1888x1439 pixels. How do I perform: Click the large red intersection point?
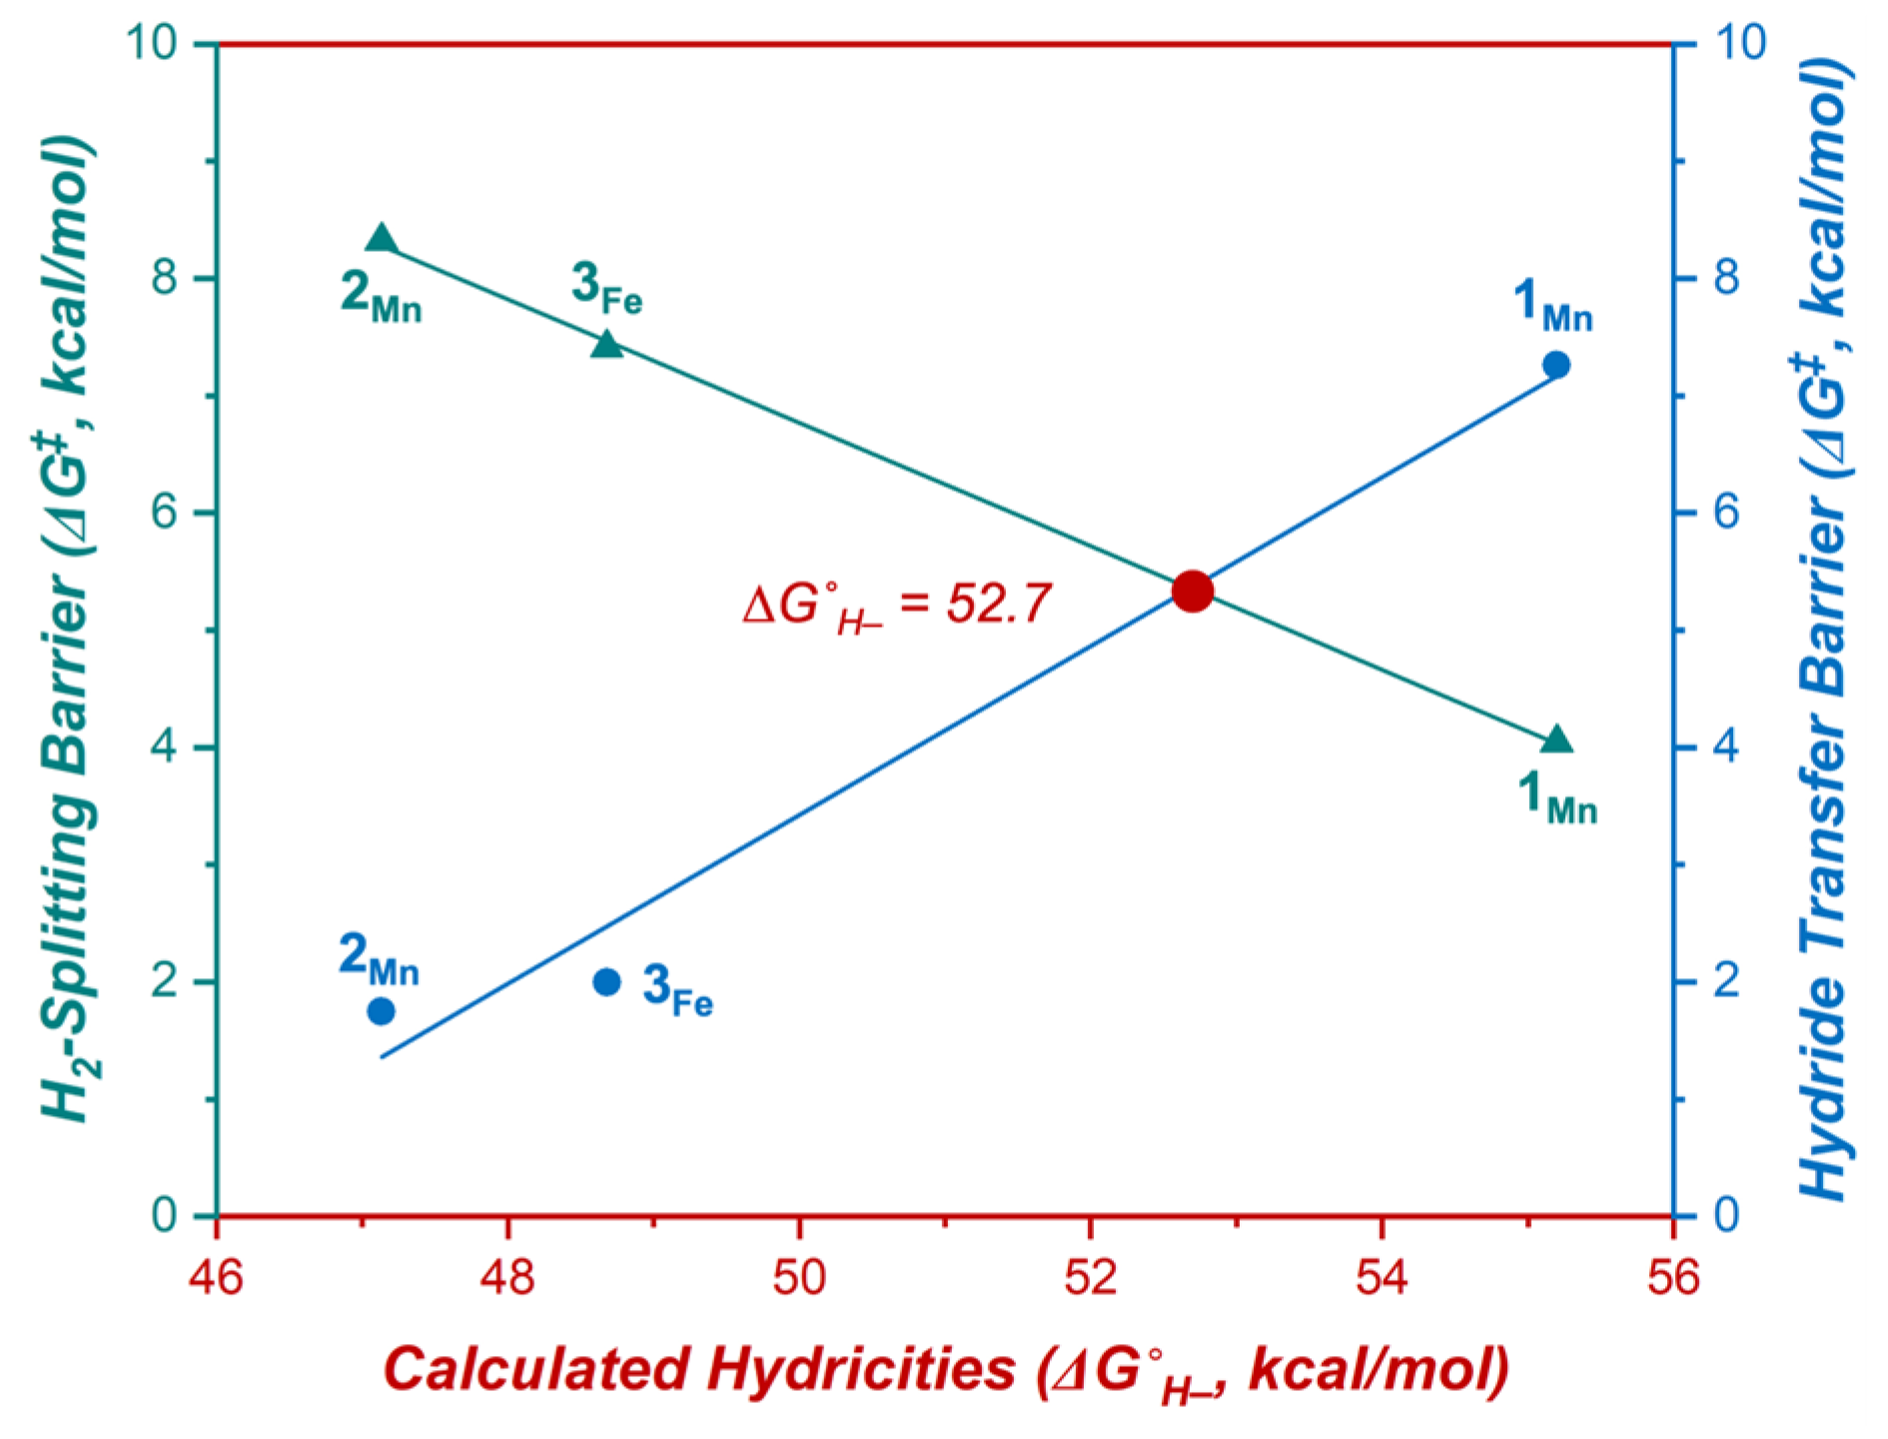click(1192, 591)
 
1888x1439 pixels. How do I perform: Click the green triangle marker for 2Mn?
click(382, 240)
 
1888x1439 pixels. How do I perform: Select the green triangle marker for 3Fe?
click(606, 346)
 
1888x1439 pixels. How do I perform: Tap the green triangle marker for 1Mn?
click(1556, 740)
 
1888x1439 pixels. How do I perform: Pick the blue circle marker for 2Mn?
click(381, 1011)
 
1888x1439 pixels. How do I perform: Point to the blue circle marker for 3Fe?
click(606, 982)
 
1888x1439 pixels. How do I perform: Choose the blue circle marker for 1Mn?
click(1556, 365)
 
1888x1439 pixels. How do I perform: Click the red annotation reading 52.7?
click(897, 605)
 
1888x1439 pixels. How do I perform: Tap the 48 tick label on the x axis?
click(507, 1277)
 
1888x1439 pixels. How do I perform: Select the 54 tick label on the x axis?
click(1382, 1277)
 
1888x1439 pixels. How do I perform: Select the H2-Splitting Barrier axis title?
click(68, 630)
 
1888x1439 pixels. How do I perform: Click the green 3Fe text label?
click(606, 287)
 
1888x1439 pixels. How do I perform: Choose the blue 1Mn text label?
click(1552, 305)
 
